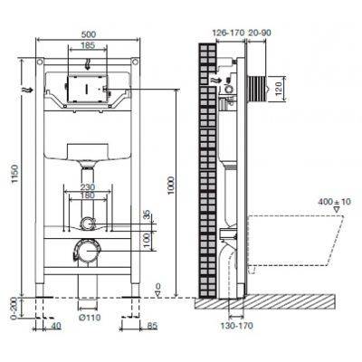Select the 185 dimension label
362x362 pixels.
coord(87,44)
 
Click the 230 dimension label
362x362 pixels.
coord(88,186)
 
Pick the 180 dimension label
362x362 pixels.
coord(88,195)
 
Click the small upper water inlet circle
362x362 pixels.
coord(86,224)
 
